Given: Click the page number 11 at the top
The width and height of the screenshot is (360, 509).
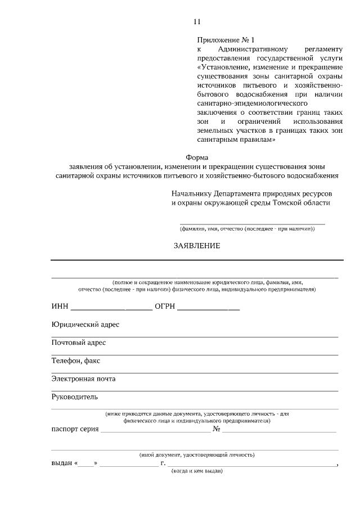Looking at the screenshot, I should point(197,22).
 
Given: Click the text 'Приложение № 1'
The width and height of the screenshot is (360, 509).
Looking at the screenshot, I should point(226,40).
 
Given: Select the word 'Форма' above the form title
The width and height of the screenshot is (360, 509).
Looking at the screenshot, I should point(197,157).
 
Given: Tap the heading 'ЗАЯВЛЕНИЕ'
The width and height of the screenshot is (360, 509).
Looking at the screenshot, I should point(197,246).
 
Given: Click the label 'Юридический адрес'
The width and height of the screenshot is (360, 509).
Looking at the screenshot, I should point(85,325).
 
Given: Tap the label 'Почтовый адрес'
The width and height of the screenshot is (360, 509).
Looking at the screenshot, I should point(79,343).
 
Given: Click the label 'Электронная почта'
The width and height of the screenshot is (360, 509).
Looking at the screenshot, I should point(84,379).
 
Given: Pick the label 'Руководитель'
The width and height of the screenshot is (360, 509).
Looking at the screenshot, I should point(75,397).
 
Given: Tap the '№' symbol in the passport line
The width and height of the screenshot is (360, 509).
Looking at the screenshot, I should point(216,429).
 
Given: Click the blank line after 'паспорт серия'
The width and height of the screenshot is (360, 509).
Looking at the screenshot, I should point(156,431).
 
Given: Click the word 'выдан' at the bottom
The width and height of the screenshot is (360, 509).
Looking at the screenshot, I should point(61,464).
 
